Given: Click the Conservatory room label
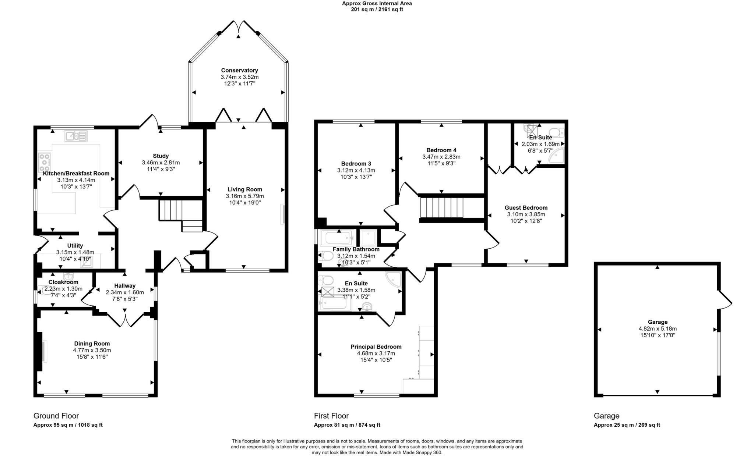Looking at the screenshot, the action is coord(239,70).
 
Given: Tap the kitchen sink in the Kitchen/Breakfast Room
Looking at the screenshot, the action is coord(75,136).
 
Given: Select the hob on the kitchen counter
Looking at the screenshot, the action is coord(44,163).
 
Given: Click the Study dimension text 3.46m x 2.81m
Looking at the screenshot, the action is coord(161,163).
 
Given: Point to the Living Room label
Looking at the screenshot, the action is coord(245,189).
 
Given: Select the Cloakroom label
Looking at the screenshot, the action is coord(64,282).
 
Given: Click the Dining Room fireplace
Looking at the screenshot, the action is coord(43,351).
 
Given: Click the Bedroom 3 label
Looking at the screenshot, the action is coord(356,164).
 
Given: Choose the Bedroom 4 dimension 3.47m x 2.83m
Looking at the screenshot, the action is coord(441,157).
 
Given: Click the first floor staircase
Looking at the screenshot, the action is coord(452,209).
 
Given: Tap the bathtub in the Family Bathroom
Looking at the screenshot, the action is coord(337,238).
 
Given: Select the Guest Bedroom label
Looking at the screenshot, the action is coord(526,208).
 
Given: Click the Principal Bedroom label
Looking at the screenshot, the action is coord(376,347).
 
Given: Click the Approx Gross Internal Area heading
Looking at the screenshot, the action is coord(377,3).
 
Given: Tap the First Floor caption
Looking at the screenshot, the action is coord(331,416).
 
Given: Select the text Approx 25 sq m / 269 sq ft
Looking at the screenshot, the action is coord(627,425).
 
